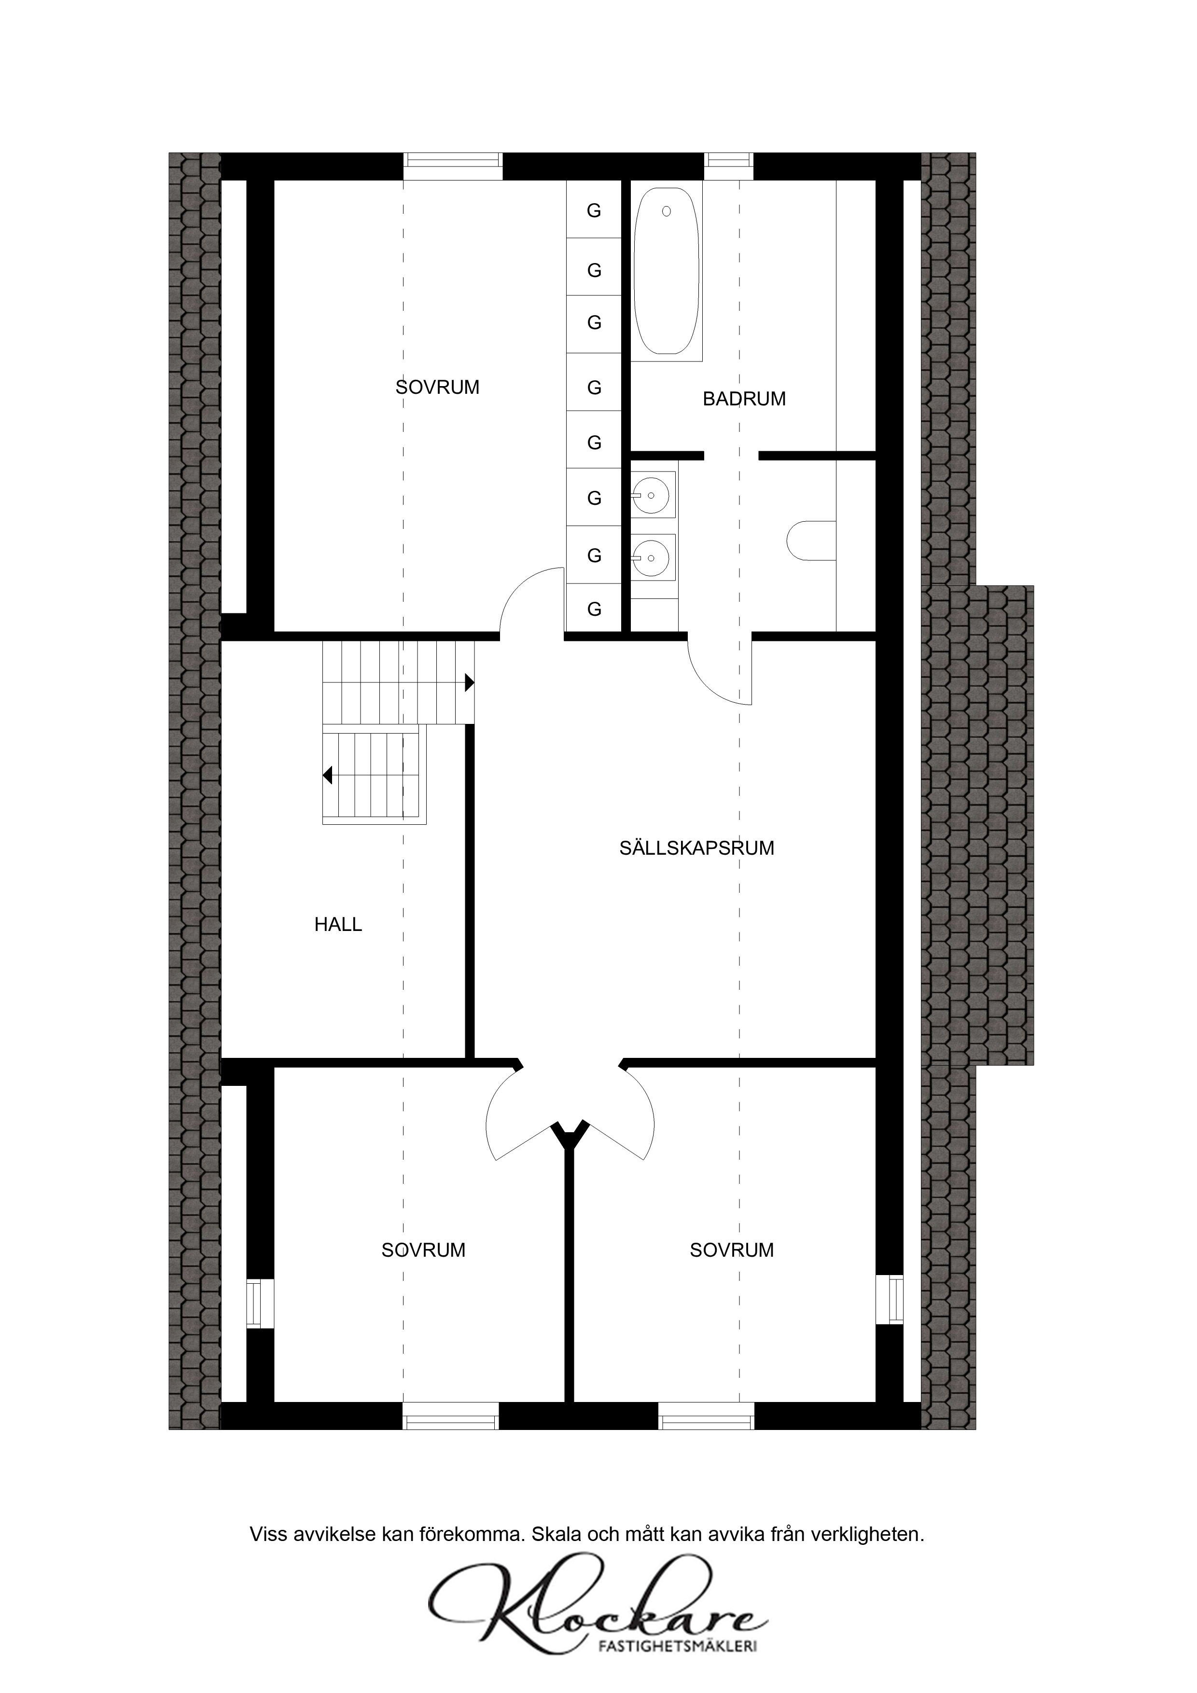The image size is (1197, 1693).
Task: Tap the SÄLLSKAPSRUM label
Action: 696,848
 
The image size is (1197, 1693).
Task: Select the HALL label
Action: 338,925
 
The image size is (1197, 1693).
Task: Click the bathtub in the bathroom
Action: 666,271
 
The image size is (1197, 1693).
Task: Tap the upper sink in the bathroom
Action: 653,495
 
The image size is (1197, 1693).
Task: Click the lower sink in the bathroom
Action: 653,557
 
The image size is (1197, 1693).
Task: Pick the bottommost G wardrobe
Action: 594,609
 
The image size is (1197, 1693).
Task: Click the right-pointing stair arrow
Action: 469,683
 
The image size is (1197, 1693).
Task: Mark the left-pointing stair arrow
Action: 327,775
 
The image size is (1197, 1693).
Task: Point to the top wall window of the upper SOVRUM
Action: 453,166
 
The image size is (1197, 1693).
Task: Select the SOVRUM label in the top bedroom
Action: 437,387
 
